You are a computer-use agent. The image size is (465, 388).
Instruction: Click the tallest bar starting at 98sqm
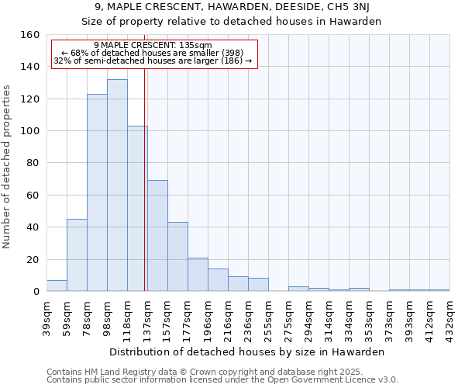117,185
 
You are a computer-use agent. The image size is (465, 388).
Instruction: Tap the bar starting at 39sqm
57,286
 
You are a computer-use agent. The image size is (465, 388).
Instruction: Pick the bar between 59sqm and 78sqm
77,255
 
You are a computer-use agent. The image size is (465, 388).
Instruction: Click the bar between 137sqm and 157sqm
157,236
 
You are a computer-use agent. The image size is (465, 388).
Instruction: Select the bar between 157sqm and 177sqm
177,257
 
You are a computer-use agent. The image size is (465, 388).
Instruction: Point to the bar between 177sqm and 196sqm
198,275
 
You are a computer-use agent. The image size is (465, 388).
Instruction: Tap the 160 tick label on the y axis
30,35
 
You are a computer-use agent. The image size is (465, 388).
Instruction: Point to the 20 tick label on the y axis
33,260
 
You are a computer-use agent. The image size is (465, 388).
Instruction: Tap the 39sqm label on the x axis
46,317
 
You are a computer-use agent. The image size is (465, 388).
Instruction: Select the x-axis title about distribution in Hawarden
248,352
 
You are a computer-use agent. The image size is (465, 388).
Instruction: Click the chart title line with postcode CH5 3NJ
232,8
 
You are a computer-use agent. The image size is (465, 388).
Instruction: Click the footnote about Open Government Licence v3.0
222,380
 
